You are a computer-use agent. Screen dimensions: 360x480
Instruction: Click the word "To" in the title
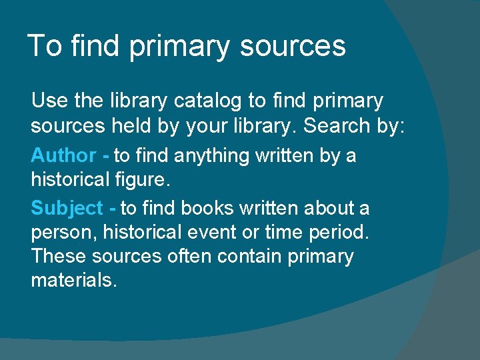point(44,46)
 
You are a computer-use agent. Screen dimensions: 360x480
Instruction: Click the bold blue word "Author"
point(63,155)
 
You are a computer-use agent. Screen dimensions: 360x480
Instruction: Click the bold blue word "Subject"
point(67,208)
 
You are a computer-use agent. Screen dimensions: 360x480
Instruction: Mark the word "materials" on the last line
point(72,280)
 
